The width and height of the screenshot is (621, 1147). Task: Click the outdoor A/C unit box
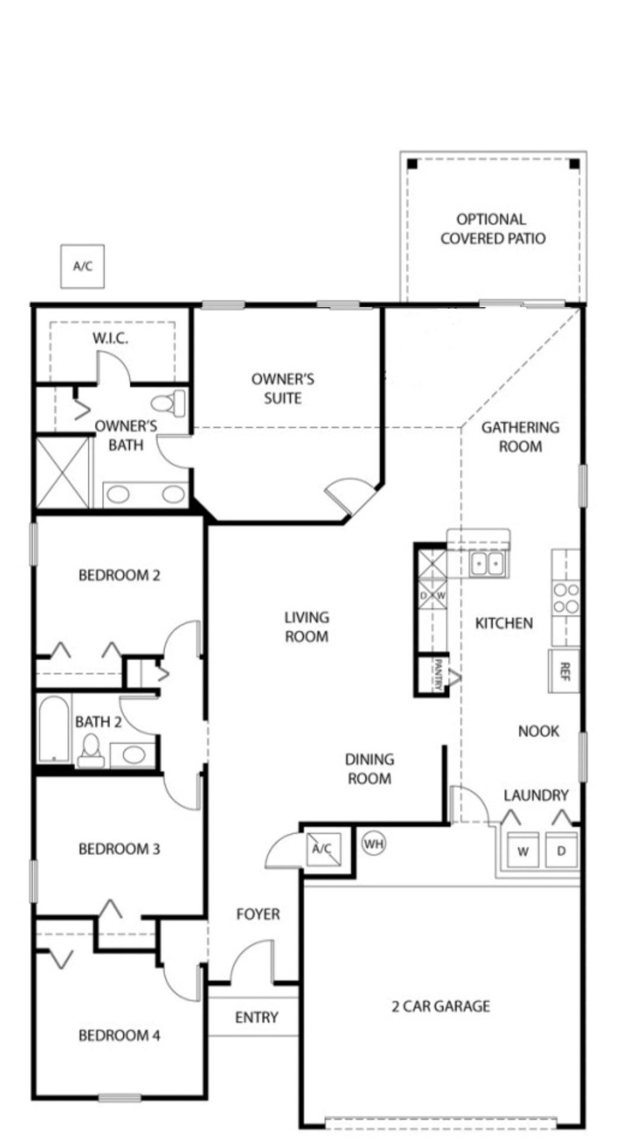(x=82, y=266)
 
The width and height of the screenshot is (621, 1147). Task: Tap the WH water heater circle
(x=373, y=843)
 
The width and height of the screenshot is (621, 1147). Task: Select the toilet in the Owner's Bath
(x=169, y=403)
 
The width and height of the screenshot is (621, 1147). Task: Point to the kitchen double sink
(x=487, y=563)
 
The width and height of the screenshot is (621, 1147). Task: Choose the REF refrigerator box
(x=564, y=671)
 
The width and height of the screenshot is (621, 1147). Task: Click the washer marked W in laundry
(x=523, y=851)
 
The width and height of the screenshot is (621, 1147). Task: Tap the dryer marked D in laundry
(x=561, y=851)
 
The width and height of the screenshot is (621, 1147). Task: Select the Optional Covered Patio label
(x=492, y=229)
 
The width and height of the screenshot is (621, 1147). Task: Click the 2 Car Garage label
(x=440, y=1006)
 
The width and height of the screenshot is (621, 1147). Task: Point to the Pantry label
(x=439, y=675)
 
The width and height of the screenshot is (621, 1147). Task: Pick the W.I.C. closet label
(x=110, y=338)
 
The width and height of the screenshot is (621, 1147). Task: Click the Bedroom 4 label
(x=119, y=1035)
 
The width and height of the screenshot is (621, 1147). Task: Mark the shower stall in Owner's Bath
(x=63, y=472)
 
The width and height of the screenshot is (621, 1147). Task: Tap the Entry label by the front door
(x=256, y=1017)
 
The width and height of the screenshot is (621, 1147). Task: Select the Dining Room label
(x=369, y=769)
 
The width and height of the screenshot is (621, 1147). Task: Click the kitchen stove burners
(x=565, y=598)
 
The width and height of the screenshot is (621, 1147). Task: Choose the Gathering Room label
(x=520, y=436)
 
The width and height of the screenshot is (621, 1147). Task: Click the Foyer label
(x=258, y=914)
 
